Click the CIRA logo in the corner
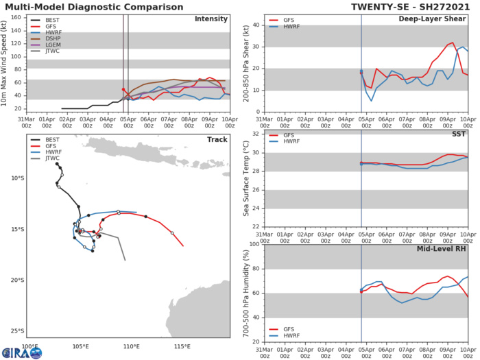[x=21, y=352]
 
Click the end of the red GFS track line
[x=183, y=245]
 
